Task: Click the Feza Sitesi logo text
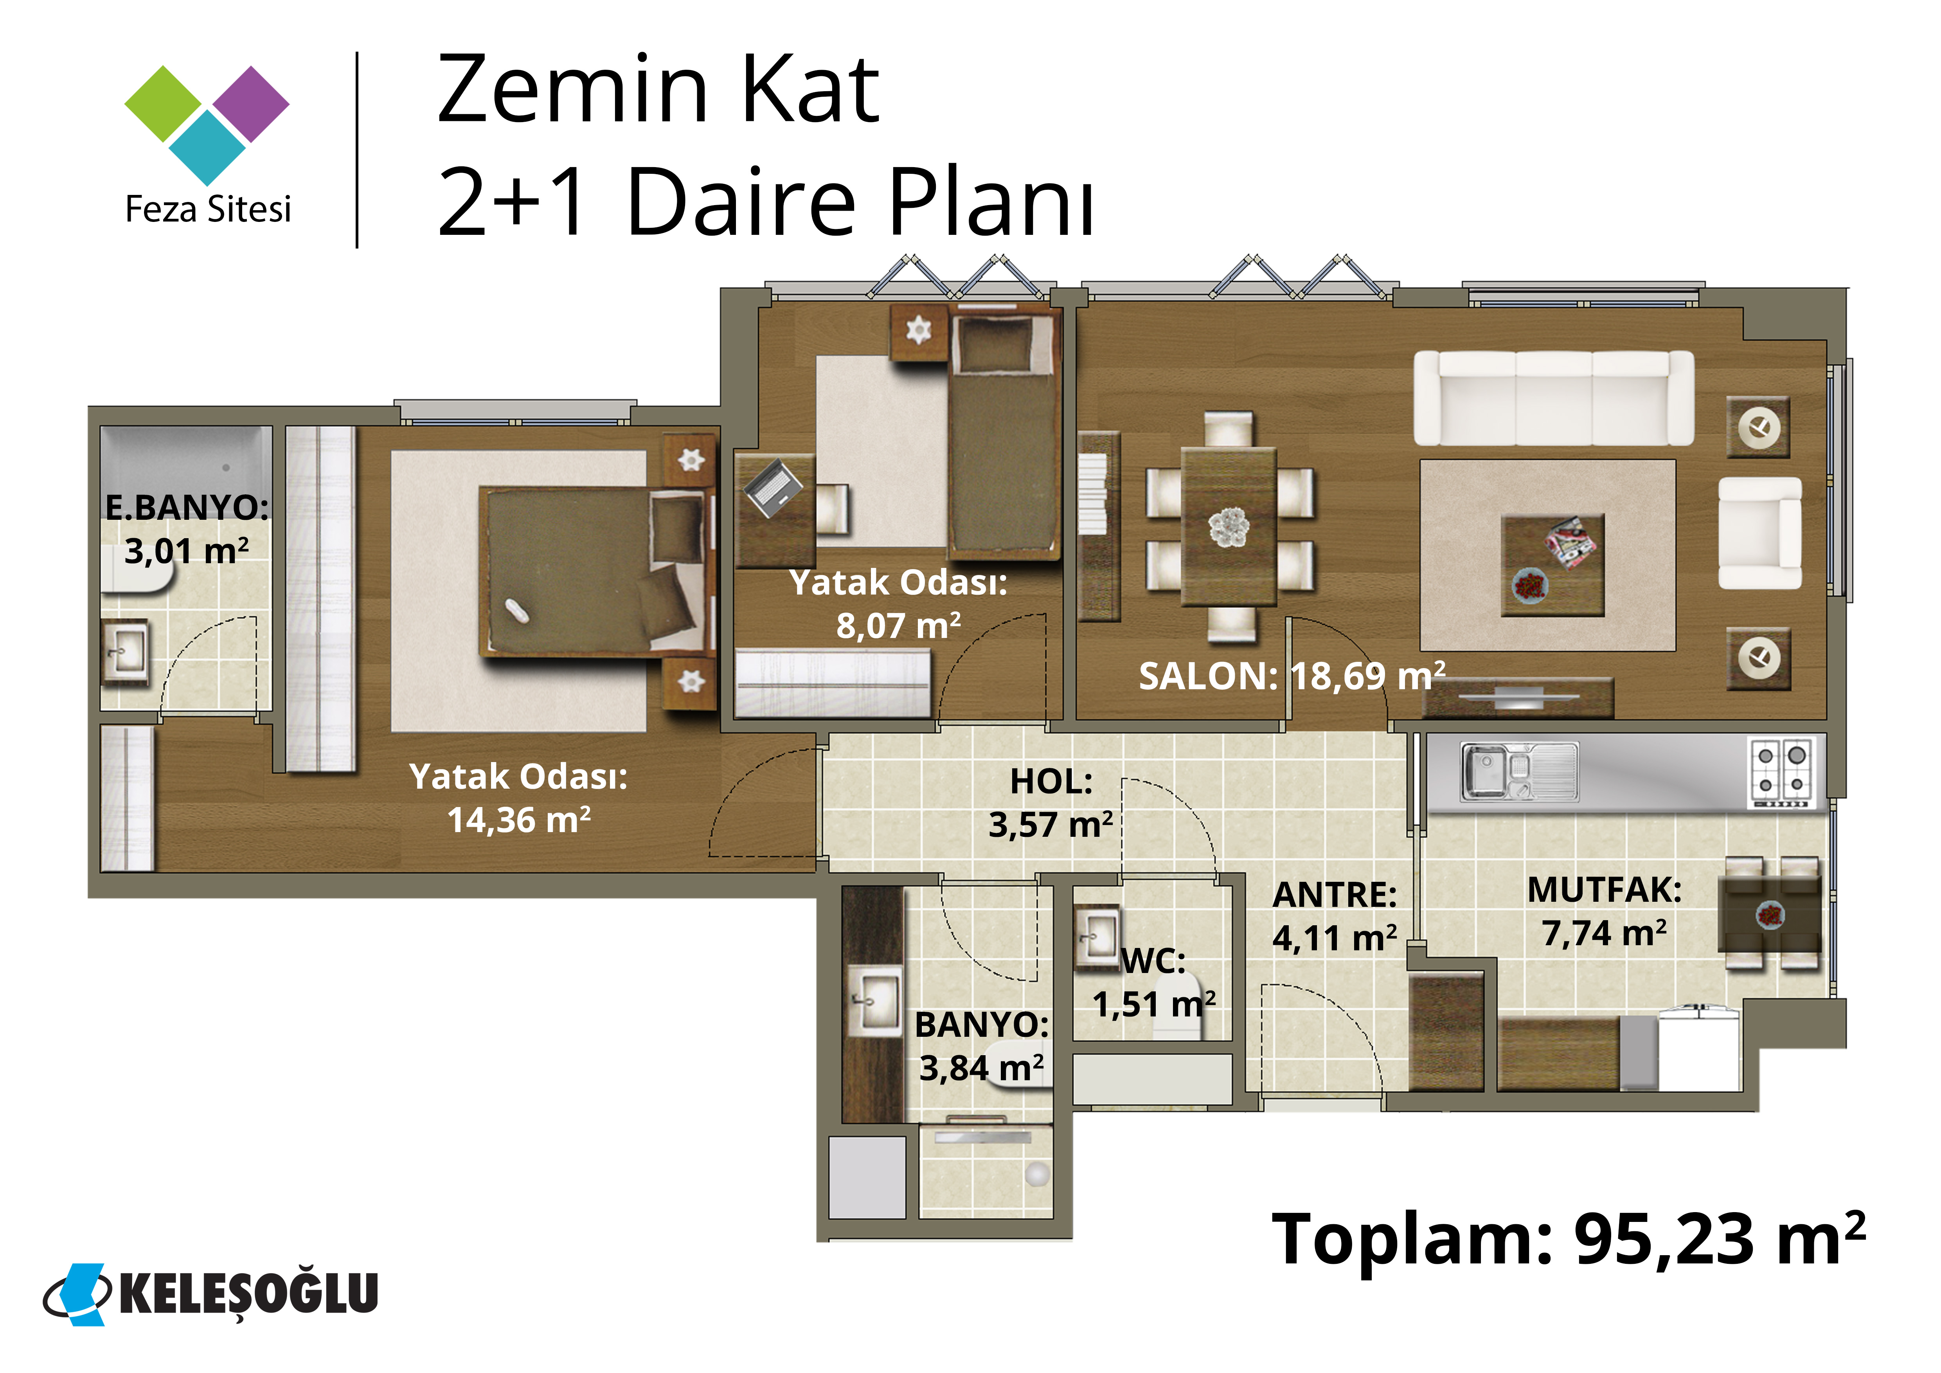pyautogui.click(x=208, y=209)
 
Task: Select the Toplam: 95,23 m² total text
pyautogui.click(x=1568, y=1240)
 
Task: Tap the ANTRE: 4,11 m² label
pyautogui.click(x=1335, y=917)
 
